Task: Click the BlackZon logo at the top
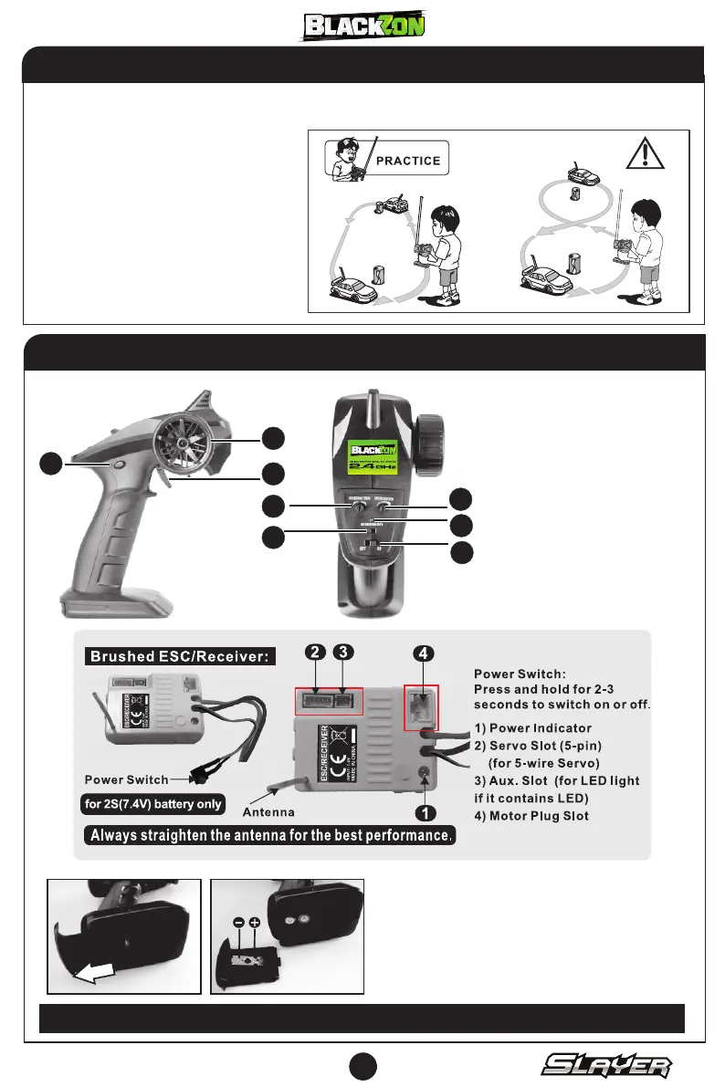[x=364, y=26]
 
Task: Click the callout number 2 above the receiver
[x=315, y=653]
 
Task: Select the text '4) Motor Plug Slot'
[x=544, y=815]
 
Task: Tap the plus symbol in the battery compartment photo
[x=254, y=923]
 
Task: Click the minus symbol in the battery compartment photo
[x=238, y=923]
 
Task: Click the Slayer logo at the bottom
[x=608, y=1065]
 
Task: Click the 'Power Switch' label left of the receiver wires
[x=126, y=780]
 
